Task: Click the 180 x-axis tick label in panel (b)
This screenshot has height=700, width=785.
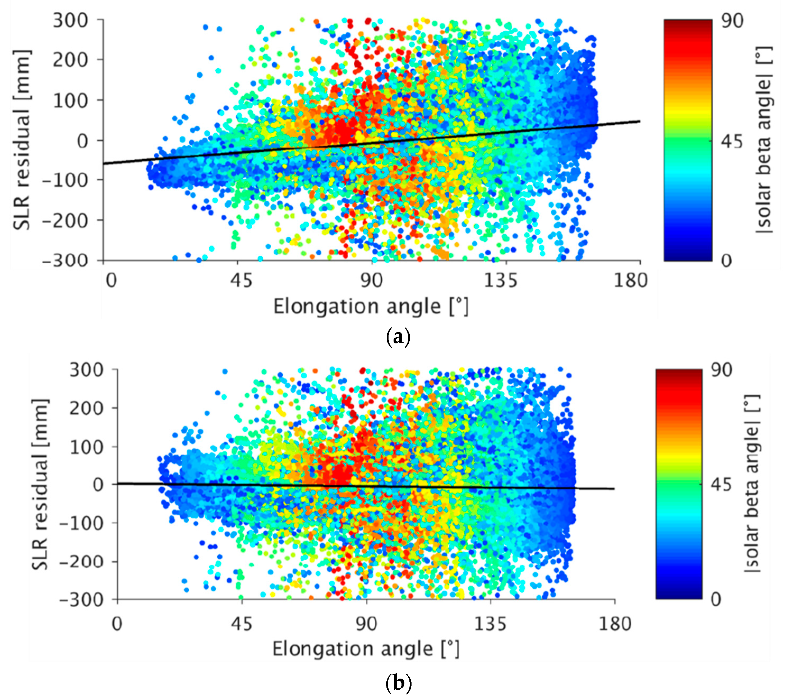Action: (x=615, y=623)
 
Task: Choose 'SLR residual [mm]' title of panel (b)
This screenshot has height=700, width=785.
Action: (x=40, y=485)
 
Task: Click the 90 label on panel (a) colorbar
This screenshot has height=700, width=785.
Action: (x=732, y=21)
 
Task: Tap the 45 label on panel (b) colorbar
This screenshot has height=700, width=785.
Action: (x=721, y=485)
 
